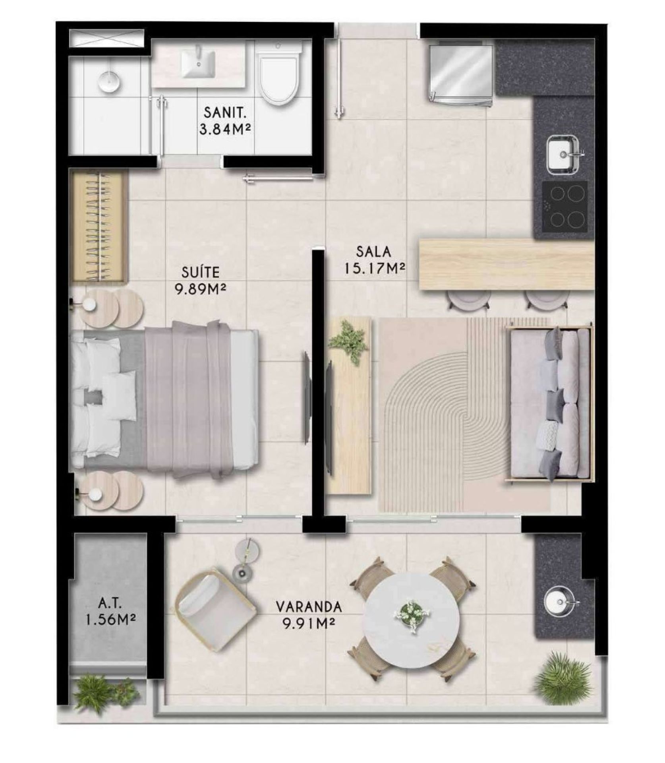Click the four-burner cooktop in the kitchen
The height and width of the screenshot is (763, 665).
[x=564, y=207]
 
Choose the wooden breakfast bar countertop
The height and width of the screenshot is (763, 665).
[x=507, y=264]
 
